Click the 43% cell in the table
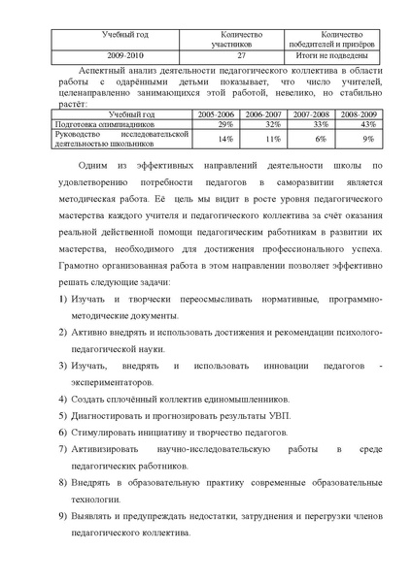(366, 124)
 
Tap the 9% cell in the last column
(368, 140)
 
